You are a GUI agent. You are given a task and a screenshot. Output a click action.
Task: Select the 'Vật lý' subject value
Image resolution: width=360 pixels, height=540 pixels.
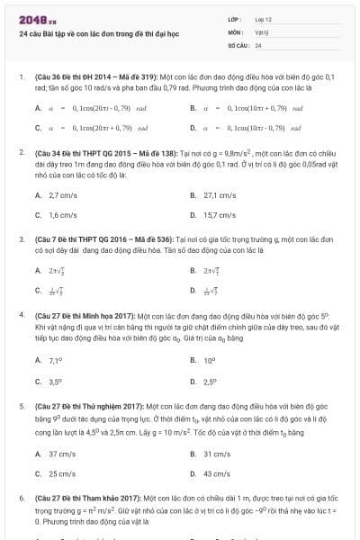click(261, 31)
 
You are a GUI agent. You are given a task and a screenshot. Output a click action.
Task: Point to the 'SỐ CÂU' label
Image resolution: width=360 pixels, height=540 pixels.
click(238, 44)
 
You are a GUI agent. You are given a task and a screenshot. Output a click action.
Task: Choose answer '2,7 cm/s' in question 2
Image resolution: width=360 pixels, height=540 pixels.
click(62, 194)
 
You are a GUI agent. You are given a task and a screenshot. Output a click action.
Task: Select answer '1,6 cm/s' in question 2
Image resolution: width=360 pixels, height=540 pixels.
click(62, 215)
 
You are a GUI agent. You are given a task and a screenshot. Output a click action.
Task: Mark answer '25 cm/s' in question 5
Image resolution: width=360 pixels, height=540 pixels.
click(61, 473)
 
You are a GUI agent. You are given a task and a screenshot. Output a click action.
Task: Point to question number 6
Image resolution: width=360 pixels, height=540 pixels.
click(21, 497)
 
